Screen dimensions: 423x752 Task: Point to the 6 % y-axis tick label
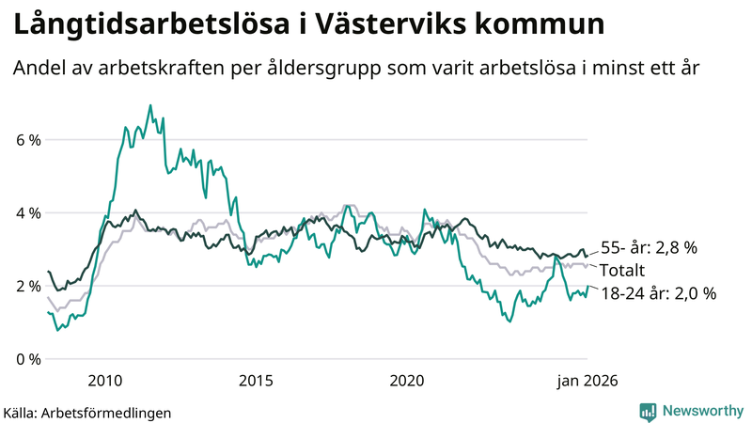click(27, 140)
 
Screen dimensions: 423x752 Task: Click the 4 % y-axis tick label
click(27, 213)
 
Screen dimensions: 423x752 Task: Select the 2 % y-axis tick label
click(27, 286)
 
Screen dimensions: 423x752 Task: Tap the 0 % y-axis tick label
click(27, 359)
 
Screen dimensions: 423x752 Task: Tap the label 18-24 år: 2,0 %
click(658, 293)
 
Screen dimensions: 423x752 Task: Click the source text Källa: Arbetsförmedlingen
click(87, 412)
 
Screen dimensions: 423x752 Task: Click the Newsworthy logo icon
click(648, 411)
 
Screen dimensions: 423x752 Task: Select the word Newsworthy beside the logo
click(701, 411)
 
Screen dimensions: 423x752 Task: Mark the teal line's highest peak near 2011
click(150, 105)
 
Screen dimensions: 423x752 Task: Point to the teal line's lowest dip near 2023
click(510, 321)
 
